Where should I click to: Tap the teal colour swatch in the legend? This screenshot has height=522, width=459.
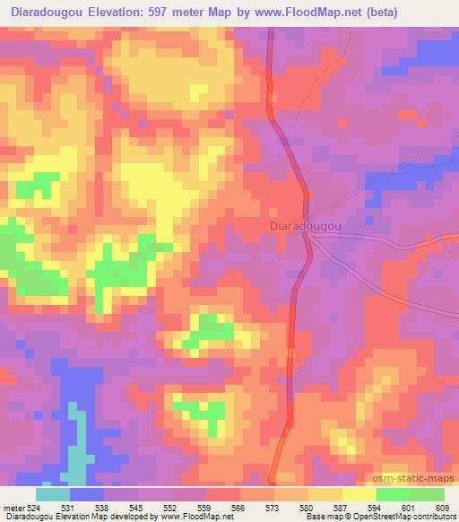pos(53,494)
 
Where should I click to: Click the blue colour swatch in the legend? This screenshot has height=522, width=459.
pos(87,494)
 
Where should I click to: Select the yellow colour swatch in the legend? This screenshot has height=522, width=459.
pos(359,494)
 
